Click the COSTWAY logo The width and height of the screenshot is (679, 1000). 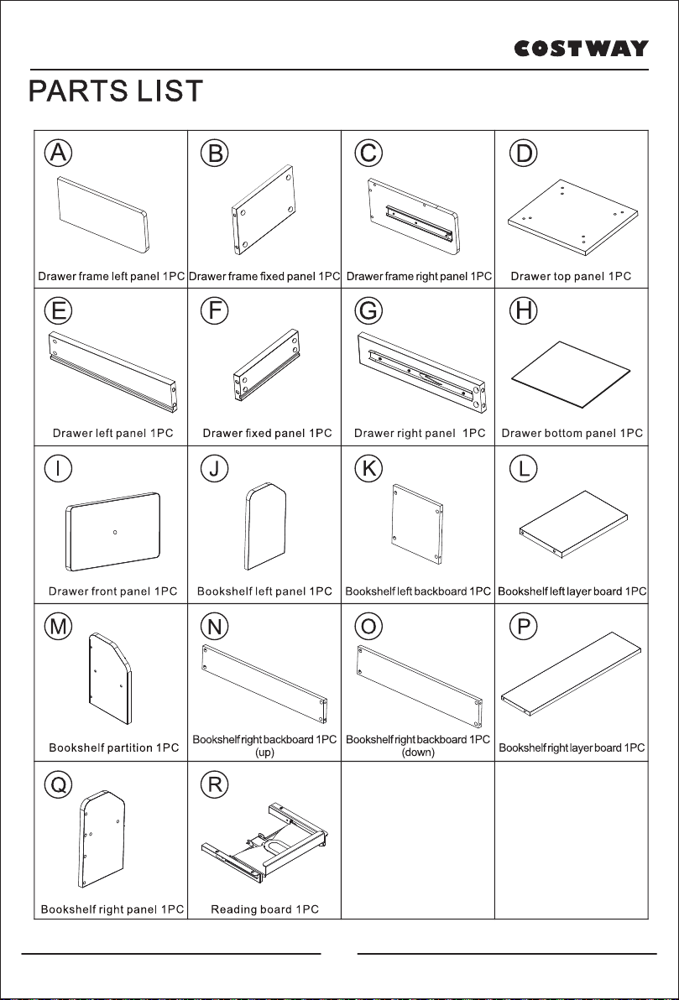[x=582, y=49]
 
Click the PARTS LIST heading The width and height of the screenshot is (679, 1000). [x=116, y=91]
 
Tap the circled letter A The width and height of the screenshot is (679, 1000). [x=58, y=153]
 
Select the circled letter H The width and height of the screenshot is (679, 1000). [x=523, y=310]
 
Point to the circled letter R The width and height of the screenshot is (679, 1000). [x=214, y=784]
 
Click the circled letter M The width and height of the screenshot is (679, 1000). [x=58, y=627]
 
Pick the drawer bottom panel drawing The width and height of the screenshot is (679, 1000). [x=572, y=374]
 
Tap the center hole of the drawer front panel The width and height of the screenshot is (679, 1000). [x=114, y=531]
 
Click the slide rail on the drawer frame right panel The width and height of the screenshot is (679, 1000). [x=419, y=224]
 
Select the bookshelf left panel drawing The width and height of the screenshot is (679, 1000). [x=265, y=526]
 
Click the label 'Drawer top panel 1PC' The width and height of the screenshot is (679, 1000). [x=571, y=276]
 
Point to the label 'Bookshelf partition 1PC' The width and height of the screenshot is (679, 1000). [x=114, y=747]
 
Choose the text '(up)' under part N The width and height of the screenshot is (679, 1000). [x=264, y=753]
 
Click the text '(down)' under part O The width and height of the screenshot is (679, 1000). [x=418, y=753]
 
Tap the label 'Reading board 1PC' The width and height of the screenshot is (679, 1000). [x=265, y=909]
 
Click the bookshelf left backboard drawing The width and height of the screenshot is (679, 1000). [x=418, y=524]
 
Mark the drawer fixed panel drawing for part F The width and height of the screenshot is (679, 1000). [x=266, y=365]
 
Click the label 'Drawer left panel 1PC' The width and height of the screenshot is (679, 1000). [x=113, y=433]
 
